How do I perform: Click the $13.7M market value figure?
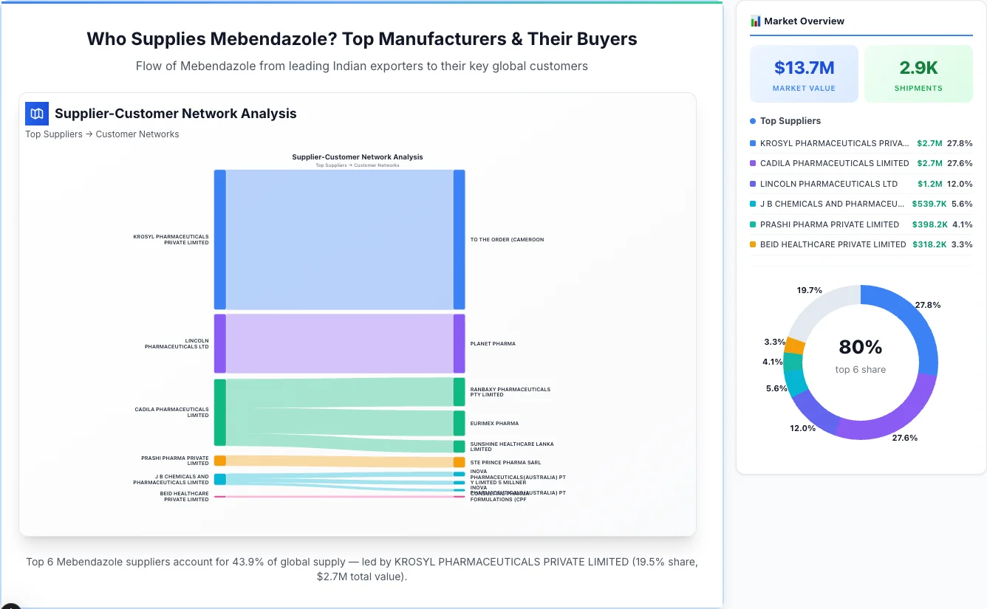coord(804,68)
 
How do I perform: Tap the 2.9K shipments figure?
coord(918,68)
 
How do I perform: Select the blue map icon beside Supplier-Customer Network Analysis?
coord(37,114)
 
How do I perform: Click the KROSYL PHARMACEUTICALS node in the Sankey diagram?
coord(219,239)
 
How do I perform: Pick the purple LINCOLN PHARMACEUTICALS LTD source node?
coord(219,343)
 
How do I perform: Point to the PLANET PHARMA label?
coord(493,344)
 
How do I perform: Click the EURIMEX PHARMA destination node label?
coord(494,424)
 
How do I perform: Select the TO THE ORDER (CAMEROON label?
coord(507,240)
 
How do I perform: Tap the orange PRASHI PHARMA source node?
coord(219,461)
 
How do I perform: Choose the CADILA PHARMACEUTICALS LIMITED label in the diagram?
coord(171,412)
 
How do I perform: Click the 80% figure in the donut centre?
coord(860,347)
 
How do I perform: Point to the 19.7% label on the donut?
coord(809,290)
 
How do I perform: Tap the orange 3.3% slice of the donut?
coord(795,345)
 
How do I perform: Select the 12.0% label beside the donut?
coord(802,428)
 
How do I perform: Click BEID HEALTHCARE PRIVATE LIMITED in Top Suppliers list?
coord(833,244)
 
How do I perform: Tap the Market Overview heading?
coord(804,21)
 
